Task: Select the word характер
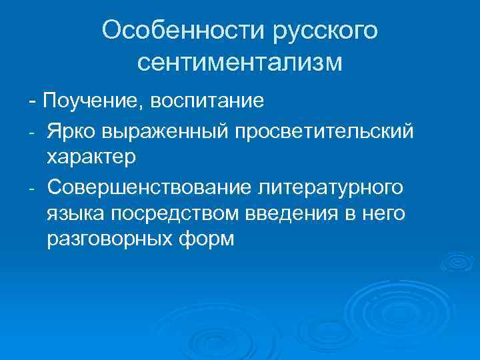point(91,157)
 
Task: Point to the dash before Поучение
point(33,102)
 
